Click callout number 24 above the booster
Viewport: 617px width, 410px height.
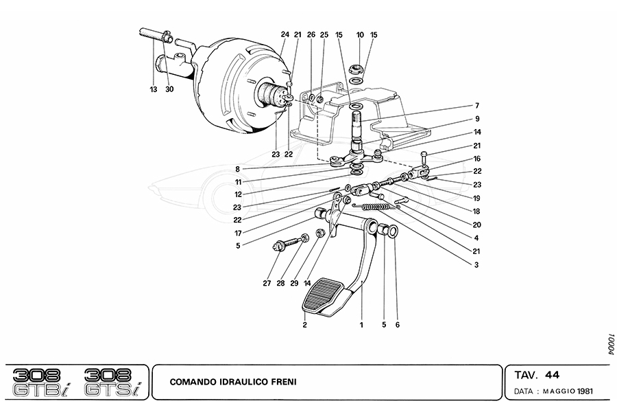285,34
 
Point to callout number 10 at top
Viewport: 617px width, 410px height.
360,34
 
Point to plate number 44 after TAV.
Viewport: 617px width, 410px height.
552,375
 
